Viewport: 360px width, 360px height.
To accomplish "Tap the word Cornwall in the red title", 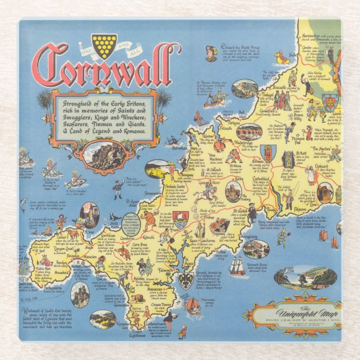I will (106, 68).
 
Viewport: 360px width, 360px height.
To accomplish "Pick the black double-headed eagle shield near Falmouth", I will (186, 280).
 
